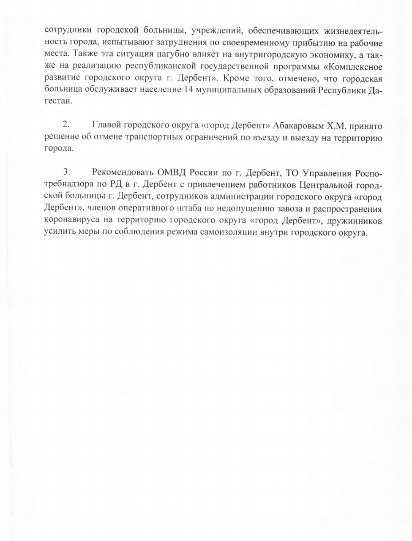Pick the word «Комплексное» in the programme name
click(x=354, y=66)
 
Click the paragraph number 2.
click(x=65, y=125)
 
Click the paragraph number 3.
click(x=65, y=172)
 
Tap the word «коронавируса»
click(x=70, y=220)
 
